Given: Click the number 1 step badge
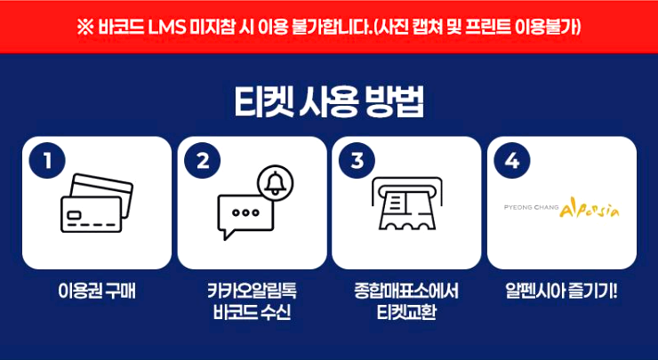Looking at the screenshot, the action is pyautogui.click(x=48, y=161).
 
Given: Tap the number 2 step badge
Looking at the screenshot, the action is pyautogui.click(x=203, y=161).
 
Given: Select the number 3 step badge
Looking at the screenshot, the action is pyautogui.click(x=357, y=161).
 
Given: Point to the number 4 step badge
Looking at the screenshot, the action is pyautogui.click(x=512, y=161).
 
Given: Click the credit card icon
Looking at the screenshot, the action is pyautogui.click(x=96, y=203).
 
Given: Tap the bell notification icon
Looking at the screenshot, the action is pyautogui.click(x=275, y=182).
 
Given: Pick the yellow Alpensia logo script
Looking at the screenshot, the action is pyautogui.click(x=590, y=210).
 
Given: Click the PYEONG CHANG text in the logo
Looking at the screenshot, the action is pyautogui.click(x=532, y=211).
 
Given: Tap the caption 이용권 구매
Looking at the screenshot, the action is pyautogui.click(x=96, y=291).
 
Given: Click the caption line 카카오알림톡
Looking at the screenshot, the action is pyautogui.click(x=252, y=291).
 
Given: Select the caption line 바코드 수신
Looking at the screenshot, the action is pyautogui.click(x=252, y=313).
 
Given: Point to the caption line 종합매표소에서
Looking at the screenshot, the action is pyautogui.click(x=406, y=291).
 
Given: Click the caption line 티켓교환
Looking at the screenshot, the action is pyautogui.click(x=406, y=313).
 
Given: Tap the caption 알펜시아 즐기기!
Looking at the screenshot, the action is pyautogui.click(x=561, y=291).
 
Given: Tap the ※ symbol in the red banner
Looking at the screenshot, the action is pyautogui.click(x=85, y=26).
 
